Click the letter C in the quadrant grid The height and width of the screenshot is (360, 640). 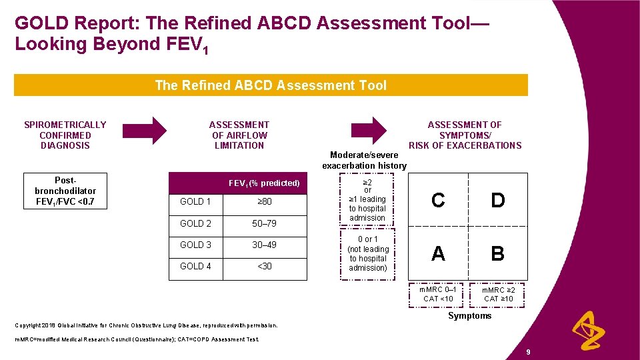[438, 200]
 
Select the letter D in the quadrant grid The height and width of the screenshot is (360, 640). [497, 200]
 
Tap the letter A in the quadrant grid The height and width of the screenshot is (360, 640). [438, 253]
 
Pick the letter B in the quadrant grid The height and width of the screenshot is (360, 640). [497, 253]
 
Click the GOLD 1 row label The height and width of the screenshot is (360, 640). [195, 202]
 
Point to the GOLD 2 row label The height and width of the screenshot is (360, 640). [195, 224]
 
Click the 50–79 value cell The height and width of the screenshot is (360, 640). [264, 224]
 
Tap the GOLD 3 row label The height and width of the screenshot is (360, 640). [195, 245]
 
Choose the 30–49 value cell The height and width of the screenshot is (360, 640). [264, 245]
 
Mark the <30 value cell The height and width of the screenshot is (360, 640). [264, 267]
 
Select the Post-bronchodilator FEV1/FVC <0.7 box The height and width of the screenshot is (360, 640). [65, 191]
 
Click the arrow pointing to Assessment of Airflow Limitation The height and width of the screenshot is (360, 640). [157, 131]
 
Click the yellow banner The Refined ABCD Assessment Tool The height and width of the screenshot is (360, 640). [271, 85]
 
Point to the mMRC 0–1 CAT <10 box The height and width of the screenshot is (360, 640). [438, 294]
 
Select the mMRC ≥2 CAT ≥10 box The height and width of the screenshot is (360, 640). [498, 294]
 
